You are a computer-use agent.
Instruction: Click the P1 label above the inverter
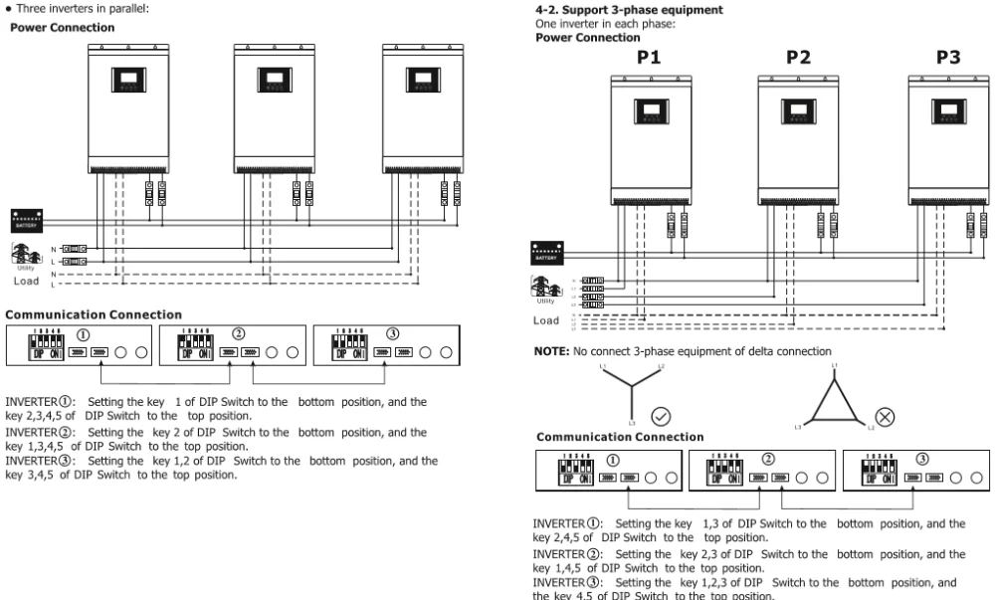(x=649, y=58)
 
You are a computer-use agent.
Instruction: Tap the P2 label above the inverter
(x=798, y=58)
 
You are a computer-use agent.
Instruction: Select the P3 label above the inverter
(x=947, y=58)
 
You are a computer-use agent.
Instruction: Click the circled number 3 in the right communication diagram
(x=921, y=460)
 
